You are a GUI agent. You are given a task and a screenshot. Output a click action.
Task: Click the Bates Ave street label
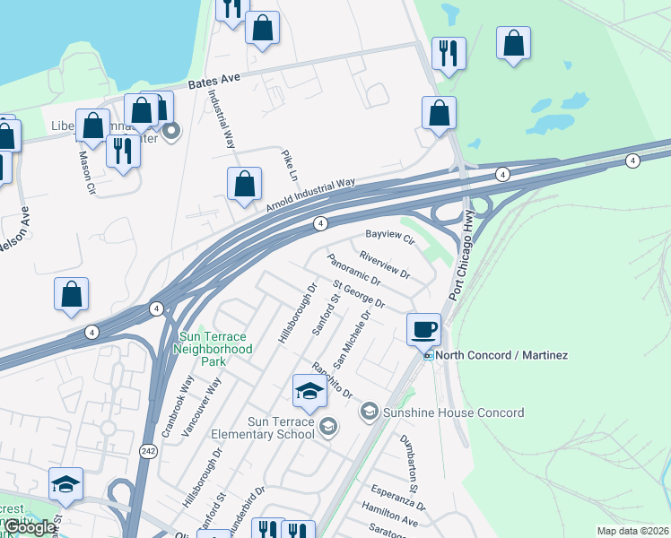(x=214, y=81)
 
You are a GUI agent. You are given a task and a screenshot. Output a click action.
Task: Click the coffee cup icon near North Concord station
(x=423, y=328)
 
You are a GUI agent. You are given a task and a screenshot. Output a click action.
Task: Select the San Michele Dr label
(x=352, y=340)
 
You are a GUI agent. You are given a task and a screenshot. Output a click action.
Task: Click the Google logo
(x=29, y=528)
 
